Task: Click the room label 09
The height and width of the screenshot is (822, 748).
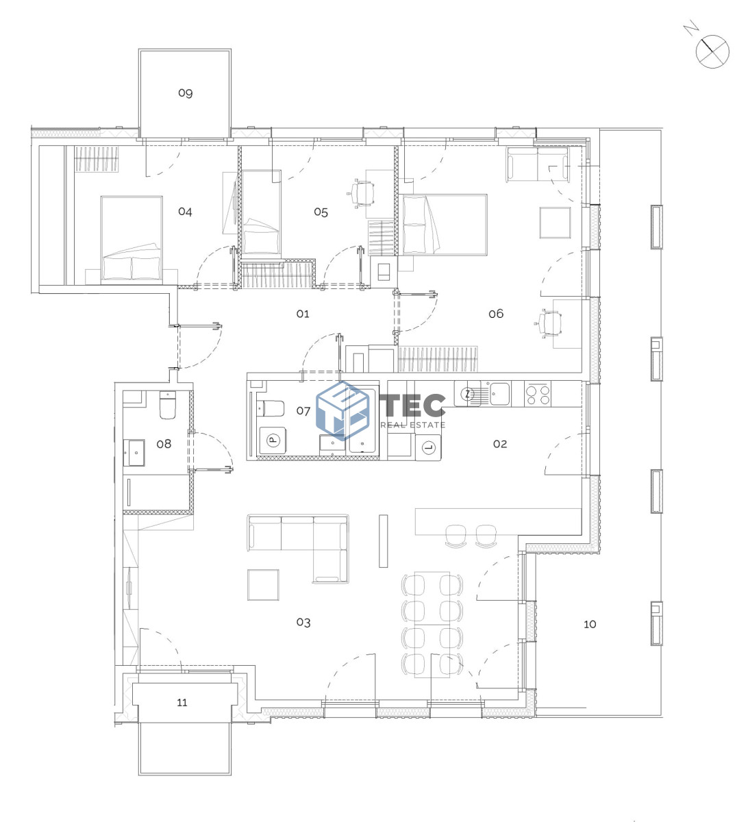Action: [x=185, y=93]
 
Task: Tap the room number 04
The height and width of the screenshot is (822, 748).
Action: [x=185, y=212]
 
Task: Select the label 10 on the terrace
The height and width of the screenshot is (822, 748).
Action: [x=589, y=624]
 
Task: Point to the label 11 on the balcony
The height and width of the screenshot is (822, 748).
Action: [x=182, y=702]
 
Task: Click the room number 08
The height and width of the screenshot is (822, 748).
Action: [x=164, y=444]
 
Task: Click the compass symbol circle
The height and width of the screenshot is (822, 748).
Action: [x=712, y=51]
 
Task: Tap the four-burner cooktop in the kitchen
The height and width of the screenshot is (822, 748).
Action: [x=537, y=394]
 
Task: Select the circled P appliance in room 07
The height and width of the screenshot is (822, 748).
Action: [x=273, y=440]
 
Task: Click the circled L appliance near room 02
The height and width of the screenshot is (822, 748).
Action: [x=428, y=447]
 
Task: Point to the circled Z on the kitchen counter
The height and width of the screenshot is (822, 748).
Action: [x=467, y=394]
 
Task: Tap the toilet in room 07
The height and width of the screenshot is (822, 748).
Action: [x=270, y=408]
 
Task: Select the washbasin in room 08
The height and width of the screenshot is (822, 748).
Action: [x=134, y=453]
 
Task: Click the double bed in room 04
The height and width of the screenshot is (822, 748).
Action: [x=132, y=238]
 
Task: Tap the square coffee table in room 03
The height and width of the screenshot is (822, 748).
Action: [x=263, y=585]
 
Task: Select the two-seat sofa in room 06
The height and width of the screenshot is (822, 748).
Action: [x=537, y=164]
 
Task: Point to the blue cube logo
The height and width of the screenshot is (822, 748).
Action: [x=342, y=410]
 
